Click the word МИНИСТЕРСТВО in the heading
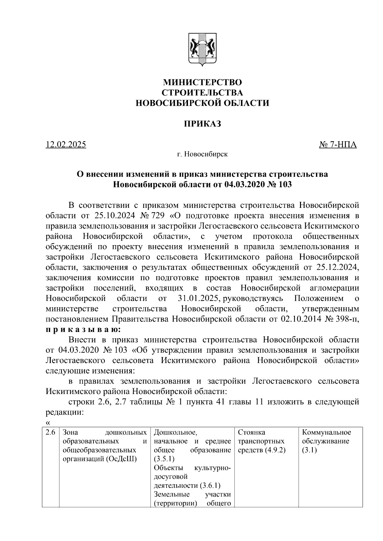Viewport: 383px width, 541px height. pyautogui.click(x=202, y=82)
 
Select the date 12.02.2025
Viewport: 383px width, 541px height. pyautogui.click(x=66, y=145)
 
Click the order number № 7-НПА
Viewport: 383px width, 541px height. pyautogui.click(x=338, y=145)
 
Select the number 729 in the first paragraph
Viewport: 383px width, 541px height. pyautogui.click(x=156, y=216)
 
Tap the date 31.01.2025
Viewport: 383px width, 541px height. pyautogui.click(x=198, y=298)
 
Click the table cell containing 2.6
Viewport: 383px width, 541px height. pyautogui.click(x=51, y=433)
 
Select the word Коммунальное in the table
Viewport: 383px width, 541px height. pyautogui.click(x=326, y=433)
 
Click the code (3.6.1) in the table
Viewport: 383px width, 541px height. pyautogui.click(x=210, y=486)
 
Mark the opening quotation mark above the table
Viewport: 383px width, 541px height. pyautogui.click(x=48, y=423)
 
